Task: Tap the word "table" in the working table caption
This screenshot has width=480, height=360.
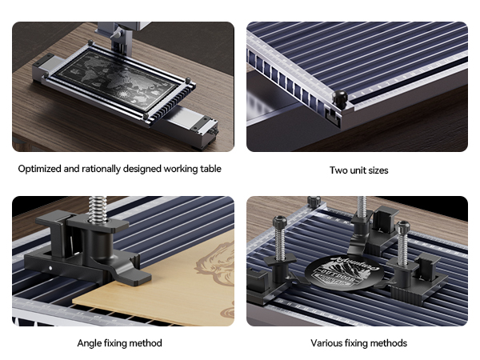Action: point(210,169)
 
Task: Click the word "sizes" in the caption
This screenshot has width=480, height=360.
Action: point(378,170)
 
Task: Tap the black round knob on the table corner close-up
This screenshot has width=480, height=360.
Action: point(339,98)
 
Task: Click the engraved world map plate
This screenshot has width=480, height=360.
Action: point(118,80)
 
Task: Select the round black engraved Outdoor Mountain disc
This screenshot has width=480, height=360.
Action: point(343,273)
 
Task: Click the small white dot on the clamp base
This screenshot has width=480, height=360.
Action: point(50,268)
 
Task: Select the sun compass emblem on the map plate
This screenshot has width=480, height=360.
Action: point(123,94)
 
